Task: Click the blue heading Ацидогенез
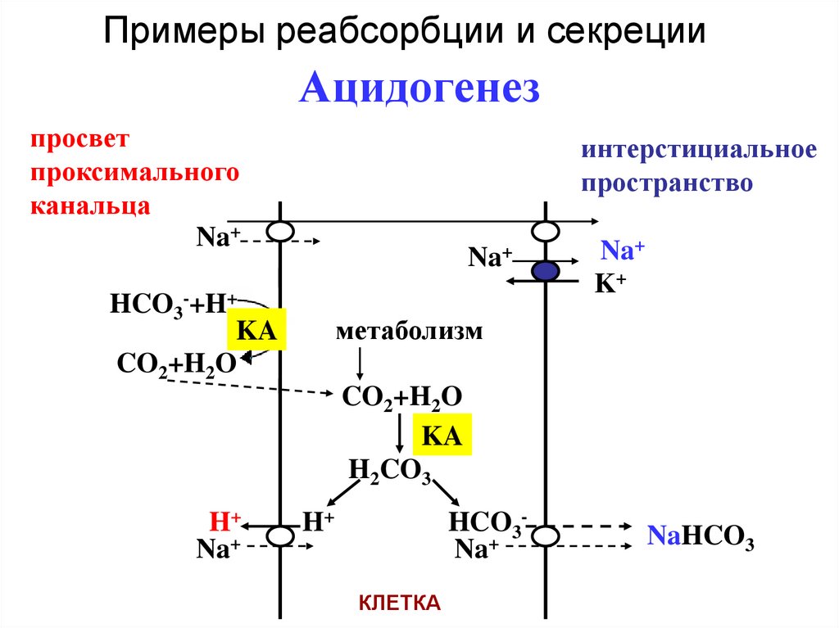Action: [419, 88]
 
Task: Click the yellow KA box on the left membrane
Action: [256, 332]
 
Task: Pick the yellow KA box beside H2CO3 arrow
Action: [443, 434]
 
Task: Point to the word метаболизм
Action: [409, 332]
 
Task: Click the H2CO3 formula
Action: [390, 472]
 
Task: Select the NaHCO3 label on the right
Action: [701, 536]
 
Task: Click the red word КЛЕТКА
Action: [400, 603]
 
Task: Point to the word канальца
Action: [90, 205]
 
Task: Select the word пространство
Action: [667, 183]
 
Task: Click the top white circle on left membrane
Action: [281, 233]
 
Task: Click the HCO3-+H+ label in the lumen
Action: [172, 306]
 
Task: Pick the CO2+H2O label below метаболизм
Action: [401, 397]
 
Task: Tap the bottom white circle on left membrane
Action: [281, 536]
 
